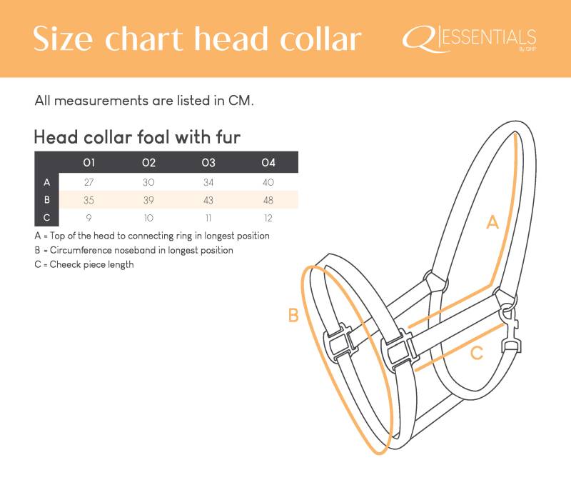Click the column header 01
[89, 162]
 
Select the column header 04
[268, 162]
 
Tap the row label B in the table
[47, 200]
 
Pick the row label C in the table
[47, 218]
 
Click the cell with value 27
[89, 182]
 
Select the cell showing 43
[208, 200]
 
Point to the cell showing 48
[268, 200]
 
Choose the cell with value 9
[89, 218]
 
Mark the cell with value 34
[208, 182]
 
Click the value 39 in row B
[148, 200]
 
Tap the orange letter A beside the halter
[492, 222]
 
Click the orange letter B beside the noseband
[293, 315]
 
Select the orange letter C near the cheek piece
[477, 353]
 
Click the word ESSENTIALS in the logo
[489, 38]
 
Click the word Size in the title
[63, 39]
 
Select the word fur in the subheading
[228, 137]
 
